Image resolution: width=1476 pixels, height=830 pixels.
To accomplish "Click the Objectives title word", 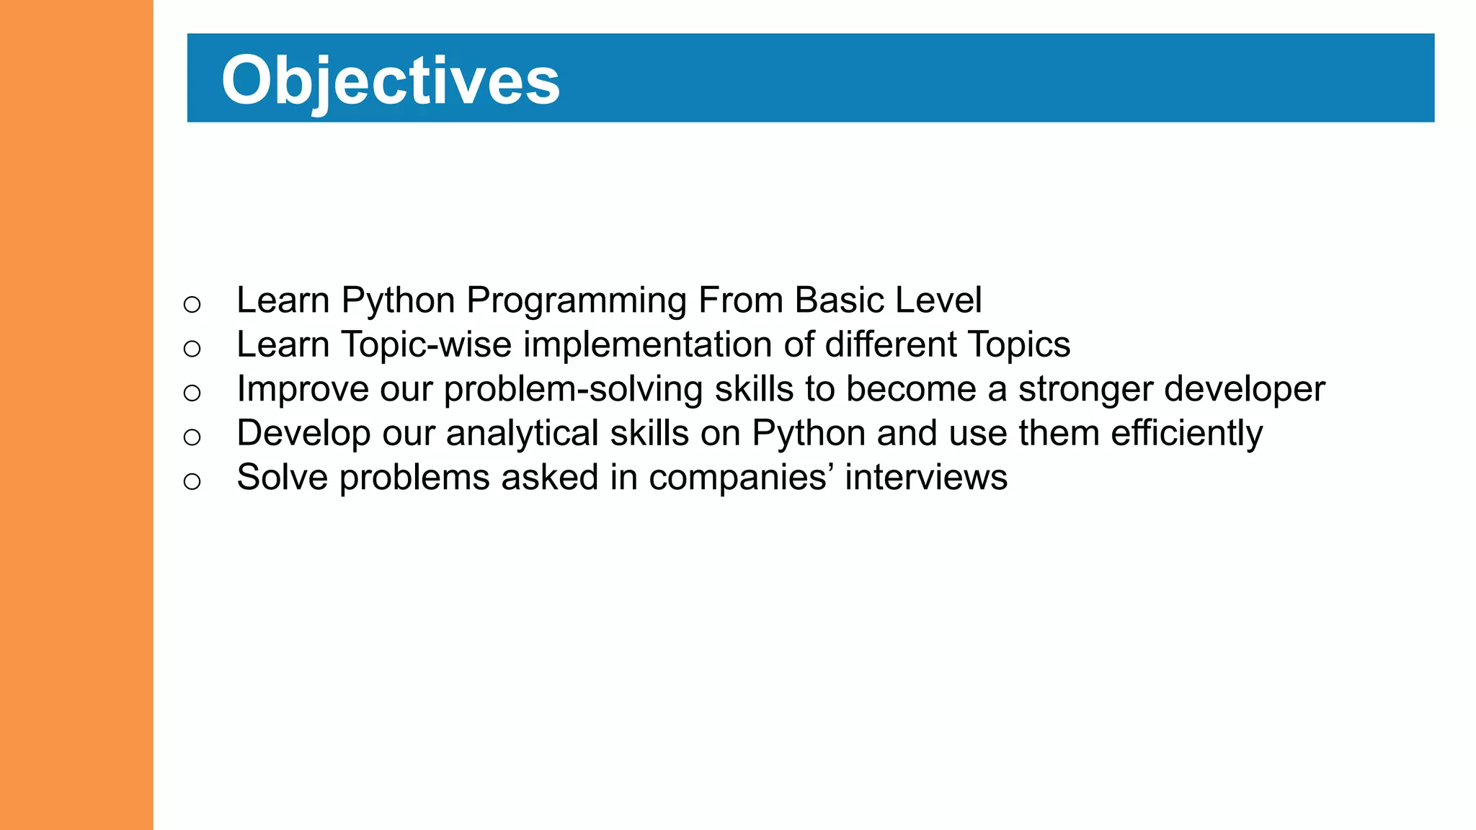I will point(390,81).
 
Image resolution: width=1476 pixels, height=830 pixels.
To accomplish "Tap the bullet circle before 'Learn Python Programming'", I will point(192,305).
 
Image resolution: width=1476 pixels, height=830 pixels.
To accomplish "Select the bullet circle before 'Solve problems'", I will point(192,481).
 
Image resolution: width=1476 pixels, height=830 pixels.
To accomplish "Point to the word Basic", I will point(838,300).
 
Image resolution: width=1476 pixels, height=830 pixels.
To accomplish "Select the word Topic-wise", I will point(426,344).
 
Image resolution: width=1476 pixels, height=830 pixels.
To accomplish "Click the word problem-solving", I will point(573,390).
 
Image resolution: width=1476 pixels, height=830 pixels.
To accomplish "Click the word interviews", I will point(926,478).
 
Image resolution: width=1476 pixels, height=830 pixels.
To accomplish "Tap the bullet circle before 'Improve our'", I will point(192,393).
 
